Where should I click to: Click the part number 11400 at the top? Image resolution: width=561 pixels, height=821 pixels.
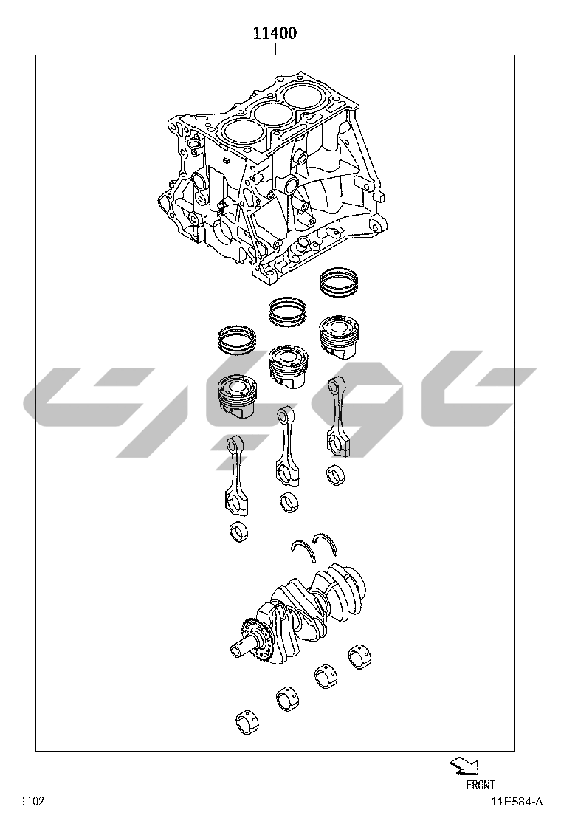pos(275,33)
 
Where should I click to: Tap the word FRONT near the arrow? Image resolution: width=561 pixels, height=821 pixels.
pos(480,784)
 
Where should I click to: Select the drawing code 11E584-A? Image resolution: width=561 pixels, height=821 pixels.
pos(517,802)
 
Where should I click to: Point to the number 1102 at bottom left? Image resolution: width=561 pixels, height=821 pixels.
pos(32,802)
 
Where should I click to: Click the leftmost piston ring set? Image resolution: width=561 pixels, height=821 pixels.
pos(236,340)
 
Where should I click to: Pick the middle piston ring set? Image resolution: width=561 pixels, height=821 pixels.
pos(287,311)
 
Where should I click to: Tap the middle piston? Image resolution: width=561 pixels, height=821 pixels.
pos(288,366)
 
